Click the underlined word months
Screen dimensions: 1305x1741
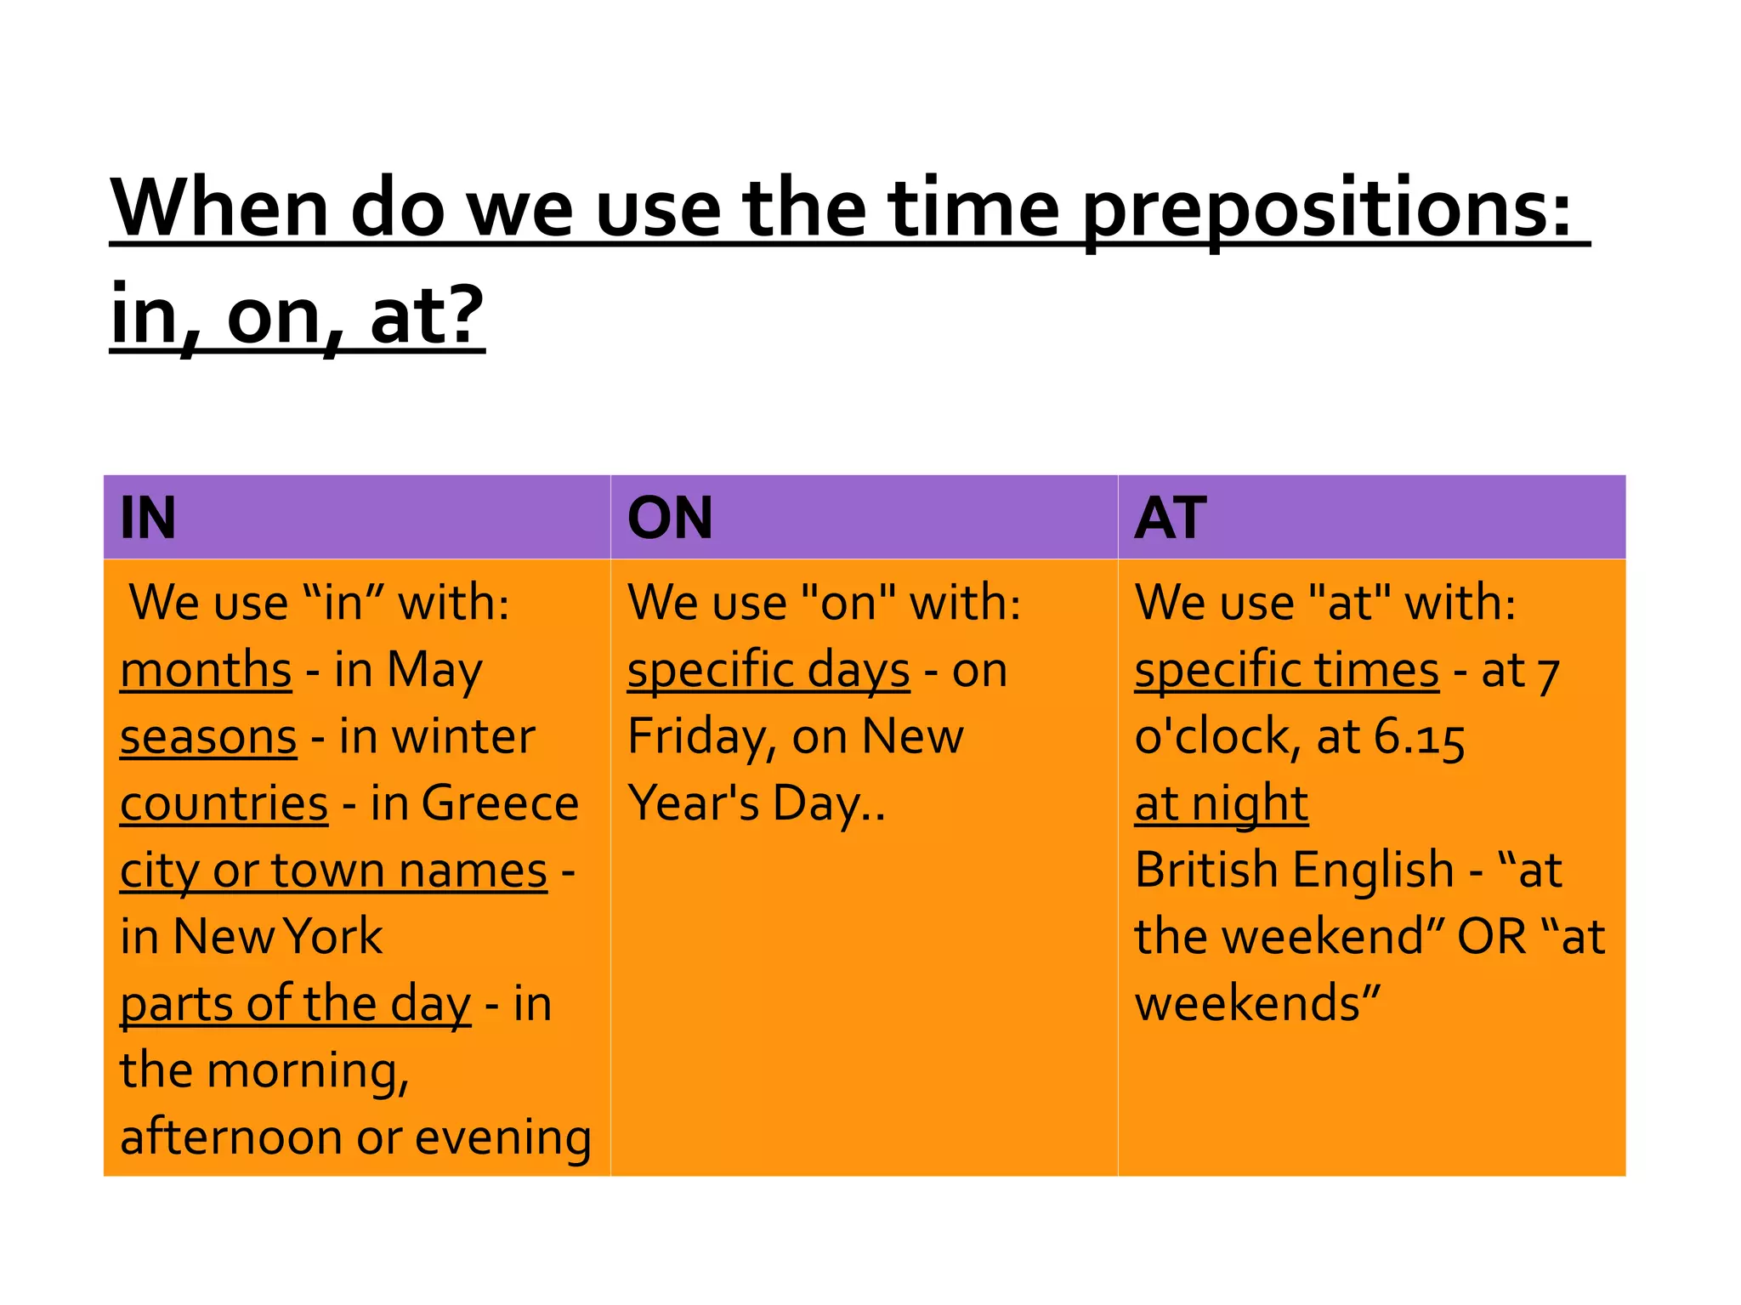[x=206, y=670]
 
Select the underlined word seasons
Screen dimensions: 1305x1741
[x=208, y=736]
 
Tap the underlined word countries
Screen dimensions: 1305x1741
[x=224, y=803]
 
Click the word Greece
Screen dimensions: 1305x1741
[x=500, y=803]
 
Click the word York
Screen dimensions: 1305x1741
[x=333, y=937]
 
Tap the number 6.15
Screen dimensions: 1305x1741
[x=1419, y=736]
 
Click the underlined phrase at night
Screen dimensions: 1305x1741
[x=1221, y=804]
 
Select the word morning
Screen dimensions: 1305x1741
[x=308, y=1071]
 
